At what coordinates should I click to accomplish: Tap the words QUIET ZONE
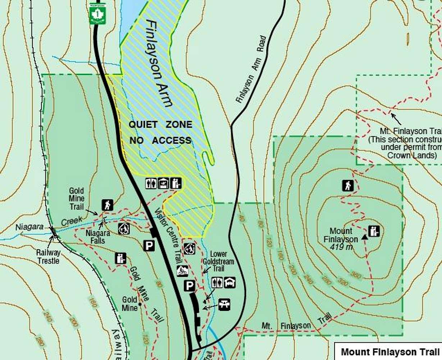[160, 125]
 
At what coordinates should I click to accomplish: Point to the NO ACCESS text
[160, 140]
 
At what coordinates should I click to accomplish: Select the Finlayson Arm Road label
[251, 69]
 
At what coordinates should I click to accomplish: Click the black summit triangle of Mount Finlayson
[365, 237]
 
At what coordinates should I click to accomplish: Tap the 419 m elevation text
[341, 247]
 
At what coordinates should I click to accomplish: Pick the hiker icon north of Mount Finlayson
[347, 186]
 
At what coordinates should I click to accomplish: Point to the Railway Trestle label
[48, 256]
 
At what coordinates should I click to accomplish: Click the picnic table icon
[224, 305]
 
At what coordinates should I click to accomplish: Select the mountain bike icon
[182, 271]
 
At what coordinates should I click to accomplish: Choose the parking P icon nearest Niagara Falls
[149, 246]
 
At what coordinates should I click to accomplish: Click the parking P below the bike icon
[190, 286]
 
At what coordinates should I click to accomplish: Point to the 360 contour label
[355, 275]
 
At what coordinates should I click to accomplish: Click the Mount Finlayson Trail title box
[390, 351]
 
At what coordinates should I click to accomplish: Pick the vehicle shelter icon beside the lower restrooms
[230, 282]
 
